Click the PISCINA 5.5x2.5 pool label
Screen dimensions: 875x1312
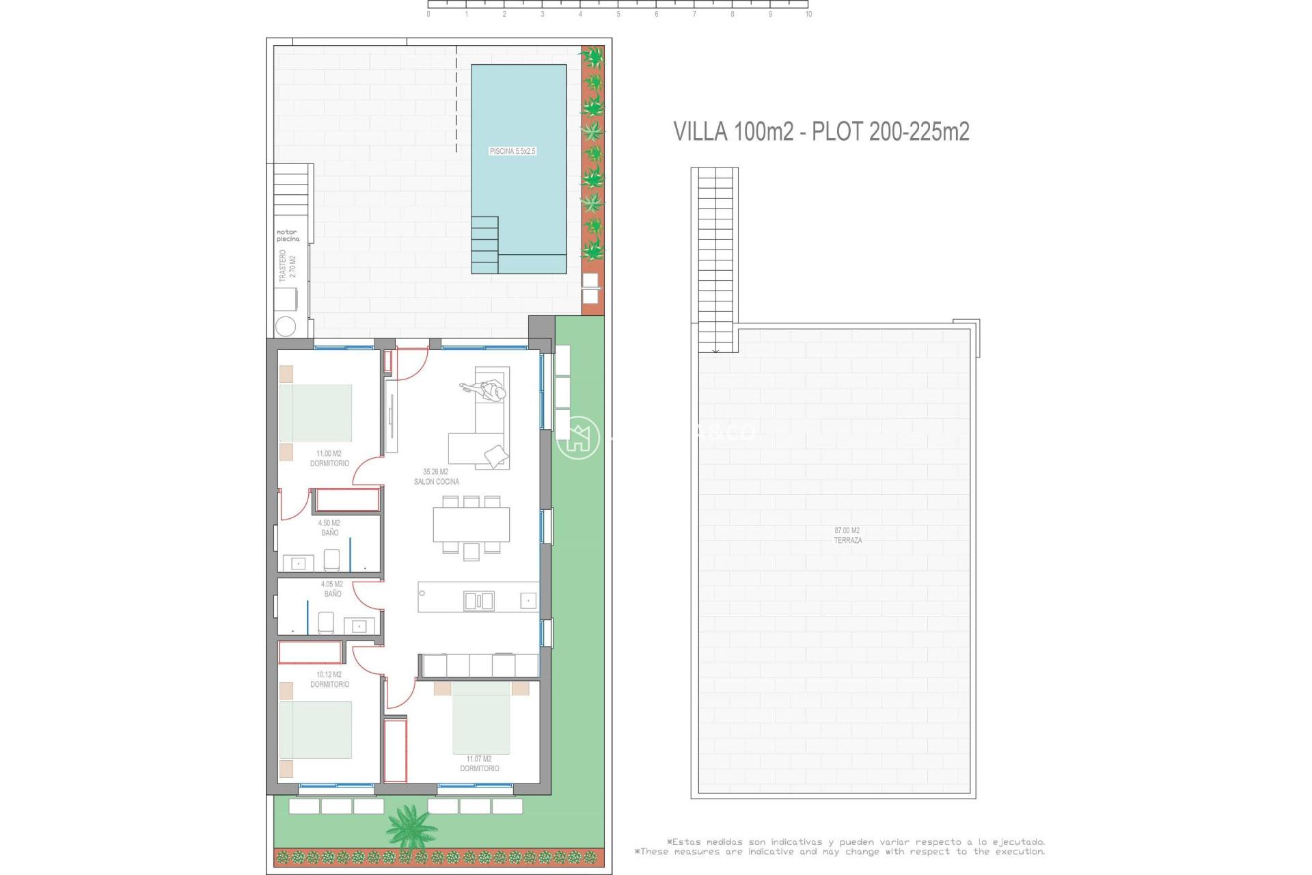[x=512, y=151]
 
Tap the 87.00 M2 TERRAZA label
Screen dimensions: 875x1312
[x=847, y=535]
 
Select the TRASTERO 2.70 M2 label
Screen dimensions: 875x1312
[x=288, y=266]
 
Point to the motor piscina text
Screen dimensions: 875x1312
[x=288, y=236]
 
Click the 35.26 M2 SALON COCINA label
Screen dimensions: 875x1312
[x=436, y=476]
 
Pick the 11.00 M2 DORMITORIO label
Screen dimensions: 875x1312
[x=329, y=459]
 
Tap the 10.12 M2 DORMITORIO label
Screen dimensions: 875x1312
[x=329, y=679]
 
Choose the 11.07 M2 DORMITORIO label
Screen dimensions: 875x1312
[x=479, y=764]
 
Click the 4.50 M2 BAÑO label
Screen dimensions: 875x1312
[x=329, y=528]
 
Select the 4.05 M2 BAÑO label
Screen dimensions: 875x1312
[x=332, y=589]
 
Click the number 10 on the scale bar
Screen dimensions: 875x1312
[x=808, y=14]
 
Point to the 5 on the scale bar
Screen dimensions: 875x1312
[x=618, y=14]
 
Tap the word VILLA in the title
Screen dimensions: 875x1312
[x=700, y=131]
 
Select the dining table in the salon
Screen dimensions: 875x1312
[x=471, y=524]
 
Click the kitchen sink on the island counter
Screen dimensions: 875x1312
[x=479, y=601]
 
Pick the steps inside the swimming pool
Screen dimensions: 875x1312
[x=484, y=245]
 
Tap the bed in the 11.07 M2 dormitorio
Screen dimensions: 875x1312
[x=481, y=718]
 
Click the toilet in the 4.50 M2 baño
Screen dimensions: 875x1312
[x=331, y=560]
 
